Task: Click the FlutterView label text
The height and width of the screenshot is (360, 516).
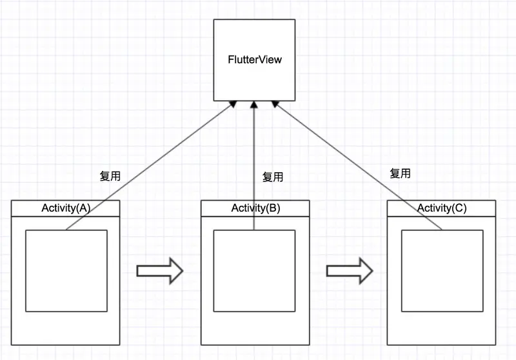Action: coord(255,60)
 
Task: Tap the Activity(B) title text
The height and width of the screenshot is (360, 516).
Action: coord(255,208)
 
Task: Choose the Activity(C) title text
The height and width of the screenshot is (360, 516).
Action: coord(442,208)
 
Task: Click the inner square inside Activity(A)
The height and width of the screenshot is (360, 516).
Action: coord(66,270)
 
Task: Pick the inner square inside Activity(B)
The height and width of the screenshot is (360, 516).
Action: coord(255,270)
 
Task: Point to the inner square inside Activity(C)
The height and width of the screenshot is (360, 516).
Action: coord(442,270)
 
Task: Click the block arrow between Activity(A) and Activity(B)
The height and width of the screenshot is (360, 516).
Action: coord(160,270)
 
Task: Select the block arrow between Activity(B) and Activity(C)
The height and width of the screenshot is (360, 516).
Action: coord(350,270)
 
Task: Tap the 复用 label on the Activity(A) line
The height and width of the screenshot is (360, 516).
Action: coord(110,175)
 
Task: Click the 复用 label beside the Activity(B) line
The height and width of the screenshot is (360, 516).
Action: coord(272,176)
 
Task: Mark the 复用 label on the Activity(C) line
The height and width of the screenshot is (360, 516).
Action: coord(400,173)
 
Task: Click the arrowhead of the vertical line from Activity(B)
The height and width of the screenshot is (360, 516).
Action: coord(255,105)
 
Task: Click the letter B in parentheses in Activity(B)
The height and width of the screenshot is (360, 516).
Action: coord(273,208)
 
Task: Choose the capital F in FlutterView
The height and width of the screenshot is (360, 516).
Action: coord(231,60)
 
